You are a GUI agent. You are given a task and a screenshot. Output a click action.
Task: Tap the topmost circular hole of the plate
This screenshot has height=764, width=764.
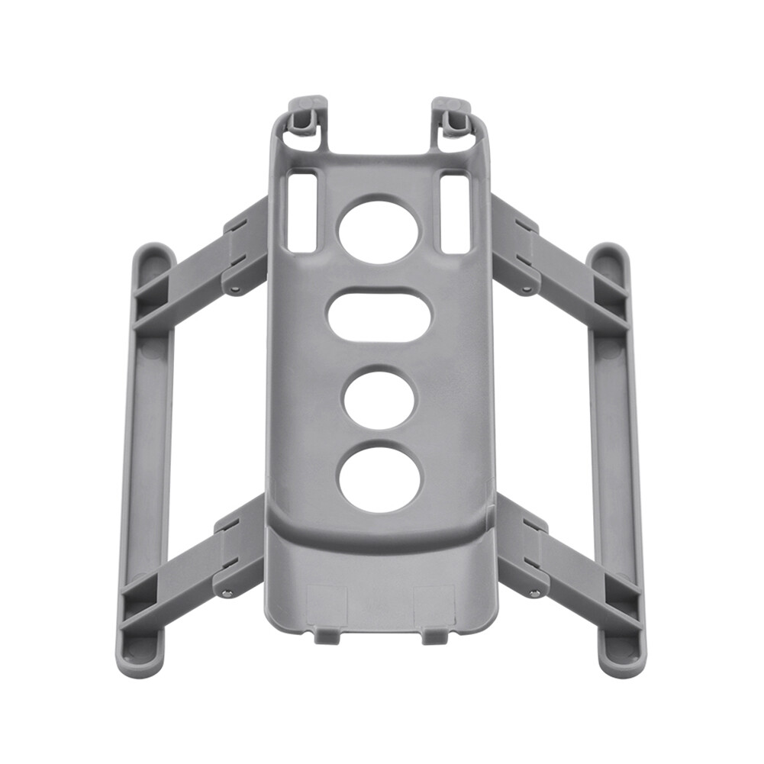(379, 229)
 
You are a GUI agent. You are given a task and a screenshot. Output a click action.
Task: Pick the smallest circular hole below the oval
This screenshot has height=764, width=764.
(380, 398)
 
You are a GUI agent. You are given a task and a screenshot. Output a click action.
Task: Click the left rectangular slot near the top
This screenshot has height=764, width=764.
(302, 212)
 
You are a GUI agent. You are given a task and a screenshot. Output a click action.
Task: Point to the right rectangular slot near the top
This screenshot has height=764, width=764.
(455, 212)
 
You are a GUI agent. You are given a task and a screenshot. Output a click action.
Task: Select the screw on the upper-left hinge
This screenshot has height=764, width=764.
(235, 289)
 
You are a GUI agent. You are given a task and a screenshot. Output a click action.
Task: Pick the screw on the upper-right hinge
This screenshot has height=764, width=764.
(526, 289)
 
